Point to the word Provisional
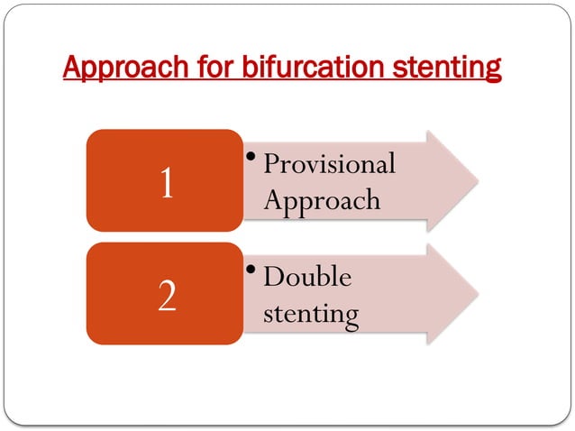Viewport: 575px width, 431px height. coord(330,164)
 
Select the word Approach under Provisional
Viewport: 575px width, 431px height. coord(322,200)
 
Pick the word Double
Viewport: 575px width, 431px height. coord(307,277)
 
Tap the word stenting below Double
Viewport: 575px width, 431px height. coord(311,315)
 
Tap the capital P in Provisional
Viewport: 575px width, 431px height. coord(271,164)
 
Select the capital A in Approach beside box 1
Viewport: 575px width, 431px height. coord(273,199)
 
